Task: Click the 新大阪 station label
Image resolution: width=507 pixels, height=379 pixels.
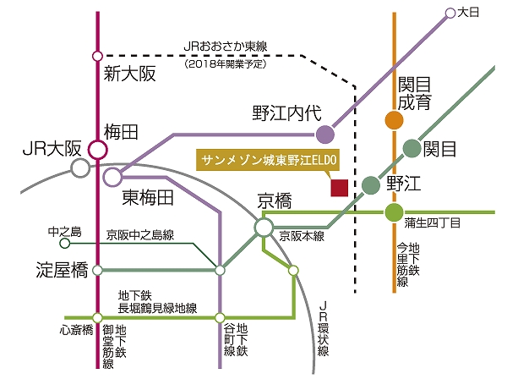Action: (130, 74)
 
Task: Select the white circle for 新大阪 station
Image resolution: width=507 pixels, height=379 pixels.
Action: (97, 58)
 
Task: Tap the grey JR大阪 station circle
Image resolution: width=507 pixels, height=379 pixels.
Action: (80, 168)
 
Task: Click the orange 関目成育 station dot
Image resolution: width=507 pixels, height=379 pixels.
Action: (394, 121)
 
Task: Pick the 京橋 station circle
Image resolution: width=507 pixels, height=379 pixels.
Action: (264, 227)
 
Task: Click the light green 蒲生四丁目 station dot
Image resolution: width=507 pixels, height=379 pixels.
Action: (394, 211)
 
